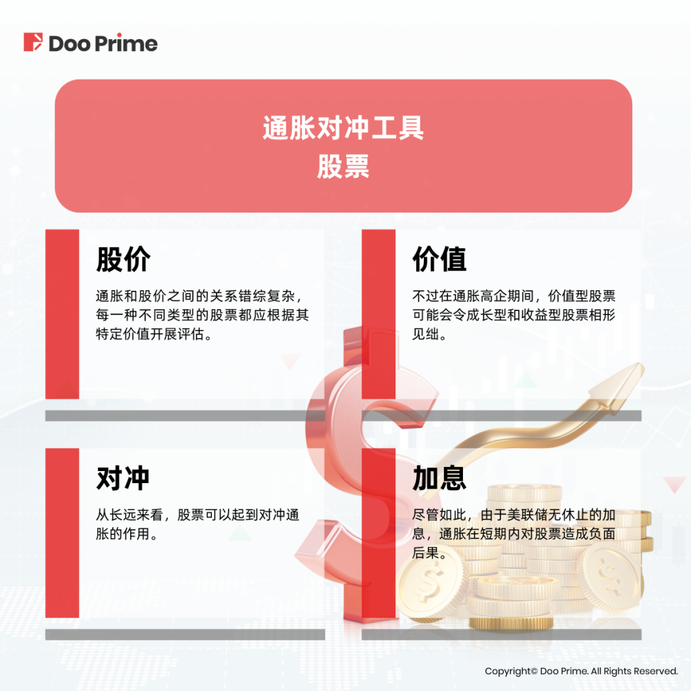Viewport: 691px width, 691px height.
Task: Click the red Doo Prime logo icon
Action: click(x=33, y=42)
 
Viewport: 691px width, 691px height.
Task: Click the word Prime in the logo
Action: click(x=126, y=43)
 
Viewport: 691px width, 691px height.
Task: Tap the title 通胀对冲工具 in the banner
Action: click(x=343, y=128)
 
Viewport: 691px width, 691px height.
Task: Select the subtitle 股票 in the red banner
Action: click(x=343, y=167)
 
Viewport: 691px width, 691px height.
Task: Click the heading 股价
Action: click(x=123, y=259)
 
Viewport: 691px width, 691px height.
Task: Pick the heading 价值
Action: click(x=439, y=259)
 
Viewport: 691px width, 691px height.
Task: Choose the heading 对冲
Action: click(x=123, y=478)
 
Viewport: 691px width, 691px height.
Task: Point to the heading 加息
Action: click(x=439, y=478)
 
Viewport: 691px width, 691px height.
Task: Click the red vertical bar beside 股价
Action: click(x=62, y=314)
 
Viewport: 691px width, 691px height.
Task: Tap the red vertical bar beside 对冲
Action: click(x=62, y=533)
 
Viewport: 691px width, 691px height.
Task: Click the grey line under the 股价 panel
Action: click(x=185, y=416)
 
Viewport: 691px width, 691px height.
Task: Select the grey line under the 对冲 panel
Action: click(x=185, y=634)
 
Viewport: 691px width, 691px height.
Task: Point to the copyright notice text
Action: click(x=581, y=671)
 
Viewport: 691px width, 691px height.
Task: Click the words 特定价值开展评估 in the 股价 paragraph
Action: click(x=150, y=334)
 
